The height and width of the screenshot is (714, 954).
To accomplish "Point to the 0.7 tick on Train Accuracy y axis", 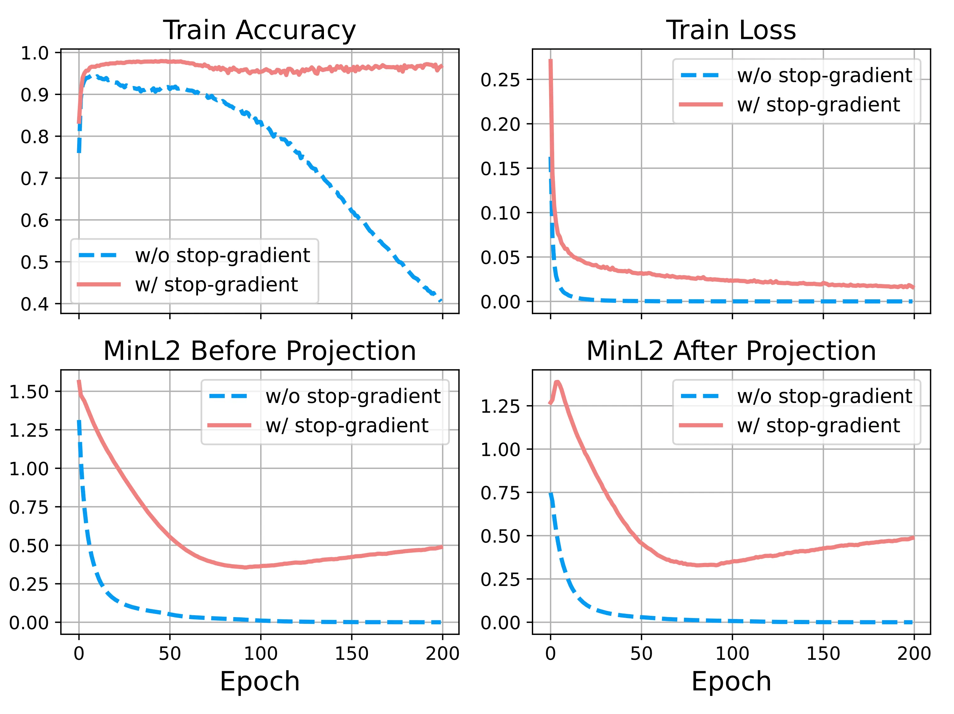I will [x=34, y=178].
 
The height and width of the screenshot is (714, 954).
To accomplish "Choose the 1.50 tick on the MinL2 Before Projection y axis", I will [x=28, y=392].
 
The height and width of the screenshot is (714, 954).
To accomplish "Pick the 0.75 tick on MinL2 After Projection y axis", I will [x=500, y=493].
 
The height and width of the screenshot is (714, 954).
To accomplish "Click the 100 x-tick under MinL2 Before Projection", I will [x=261, y=654].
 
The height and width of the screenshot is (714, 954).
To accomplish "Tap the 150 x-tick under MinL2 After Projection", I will [x=823, y=654].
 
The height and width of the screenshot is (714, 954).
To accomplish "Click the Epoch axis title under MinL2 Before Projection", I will [x=259, y=682].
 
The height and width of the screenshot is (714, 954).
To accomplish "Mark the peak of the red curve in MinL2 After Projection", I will [x=557, y=382].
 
